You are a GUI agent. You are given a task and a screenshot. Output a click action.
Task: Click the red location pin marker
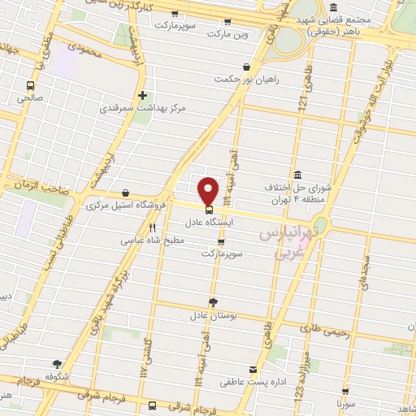click(x=209, y=190)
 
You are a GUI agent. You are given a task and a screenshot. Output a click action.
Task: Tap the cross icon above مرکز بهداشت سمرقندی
click(x=142, y=95)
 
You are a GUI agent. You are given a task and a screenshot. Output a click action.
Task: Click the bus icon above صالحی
click(x=31, y=84)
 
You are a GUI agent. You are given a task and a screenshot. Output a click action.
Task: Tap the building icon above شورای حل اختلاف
click(x=297, y=175)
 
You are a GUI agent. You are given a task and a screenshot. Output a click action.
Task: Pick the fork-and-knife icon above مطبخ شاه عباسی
click(x=152, y=228)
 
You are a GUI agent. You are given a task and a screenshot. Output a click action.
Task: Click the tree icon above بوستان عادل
click(x=213, y=301)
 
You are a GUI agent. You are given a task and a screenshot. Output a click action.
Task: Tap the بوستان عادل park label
click(x=189, y=314)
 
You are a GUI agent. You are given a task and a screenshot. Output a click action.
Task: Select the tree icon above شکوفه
click(x=57, y=364)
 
